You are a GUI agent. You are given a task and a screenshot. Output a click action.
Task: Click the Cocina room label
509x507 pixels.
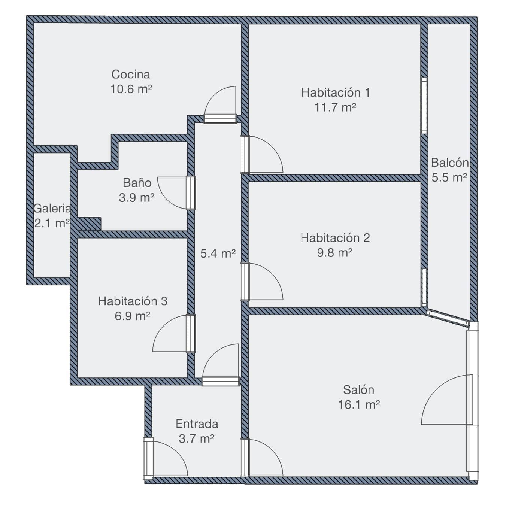130,74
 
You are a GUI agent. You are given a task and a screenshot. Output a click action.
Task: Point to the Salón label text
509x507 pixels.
358,390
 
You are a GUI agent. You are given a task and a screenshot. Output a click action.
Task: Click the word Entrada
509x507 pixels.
197,424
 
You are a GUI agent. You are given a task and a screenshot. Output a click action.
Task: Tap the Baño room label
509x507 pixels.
137,183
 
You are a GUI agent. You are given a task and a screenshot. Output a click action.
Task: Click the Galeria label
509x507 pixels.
52,209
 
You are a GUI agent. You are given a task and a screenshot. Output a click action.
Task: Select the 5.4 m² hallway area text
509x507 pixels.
218,253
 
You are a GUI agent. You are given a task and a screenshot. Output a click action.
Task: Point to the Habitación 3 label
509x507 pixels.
133,301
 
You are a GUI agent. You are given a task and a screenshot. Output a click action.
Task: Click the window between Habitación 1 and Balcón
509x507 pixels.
424,106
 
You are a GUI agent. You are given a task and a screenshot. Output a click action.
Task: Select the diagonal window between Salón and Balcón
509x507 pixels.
448,319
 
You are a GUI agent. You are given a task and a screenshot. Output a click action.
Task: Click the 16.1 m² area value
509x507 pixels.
359,405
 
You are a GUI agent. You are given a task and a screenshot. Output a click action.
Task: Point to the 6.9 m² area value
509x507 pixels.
132,316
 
